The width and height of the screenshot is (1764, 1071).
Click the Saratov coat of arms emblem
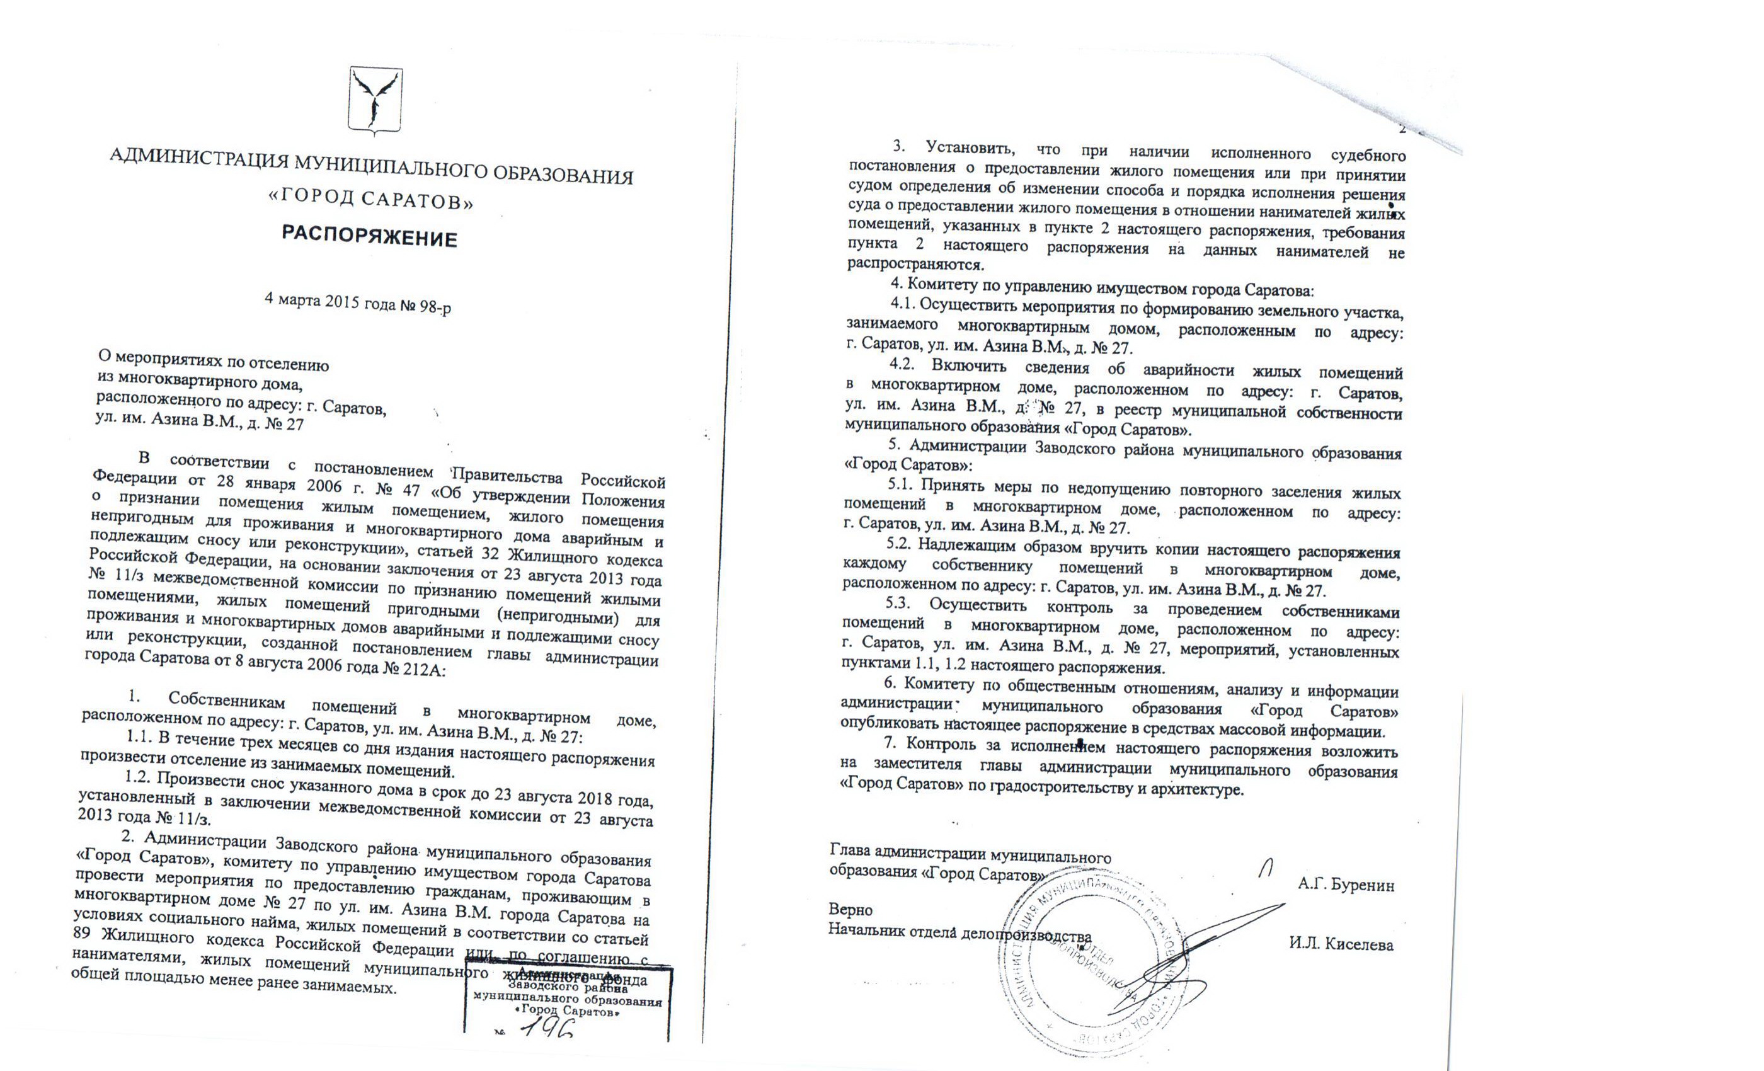click(375, 101)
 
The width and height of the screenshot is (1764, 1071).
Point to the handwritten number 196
click(549, 1029)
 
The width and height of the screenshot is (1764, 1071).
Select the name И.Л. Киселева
click(1341, 944)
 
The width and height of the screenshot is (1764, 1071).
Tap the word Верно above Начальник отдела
click(850, 910)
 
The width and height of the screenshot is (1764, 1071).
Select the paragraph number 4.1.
click(903, 304)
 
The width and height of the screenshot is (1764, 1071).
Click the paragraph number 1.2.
click(138, 777)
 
